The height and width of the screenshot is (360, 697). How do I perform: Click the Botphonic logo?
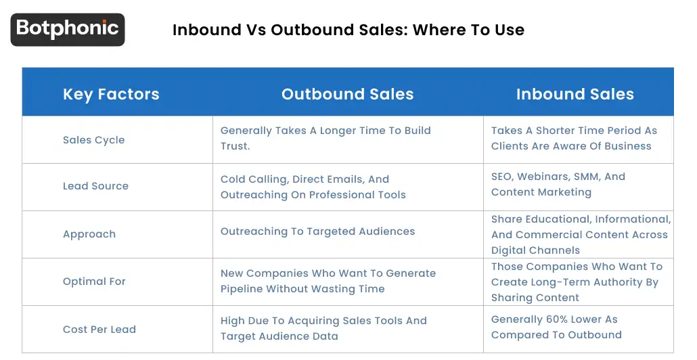coord(68,29)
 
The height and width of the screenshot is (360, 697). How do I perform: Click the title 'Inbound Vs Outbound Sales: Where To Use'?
coord(348,30)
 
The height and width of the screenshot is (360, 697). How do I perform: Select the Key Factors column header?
coord(111,94)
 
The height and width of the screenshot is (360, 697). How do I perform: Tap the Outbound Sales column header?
coord(347,94)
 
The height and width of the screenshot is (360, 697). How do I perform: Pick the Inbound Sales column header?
coord(575,94)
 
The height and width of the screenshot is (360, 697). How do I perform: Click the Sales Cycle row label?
coord(93,140)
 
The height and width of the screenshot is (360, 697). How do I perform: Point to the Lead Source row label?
coord(95,186)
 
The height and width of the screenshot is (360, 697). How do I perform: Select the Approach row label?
coord(89,234)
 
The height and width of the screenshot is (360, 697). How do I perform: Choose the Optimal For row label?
coord(94,282)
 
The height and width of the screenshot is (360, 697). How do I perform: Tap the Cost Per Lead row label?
coord(99,330)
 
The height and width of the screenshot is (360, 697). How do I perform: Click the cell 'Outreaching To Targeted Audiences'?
coord(317,231)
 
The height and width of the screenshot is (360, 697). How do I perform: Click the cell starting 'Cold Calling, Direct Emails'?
coord(313,187)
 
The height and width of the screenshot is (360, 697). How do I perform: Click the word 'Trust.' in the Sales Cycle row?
coord(235,146)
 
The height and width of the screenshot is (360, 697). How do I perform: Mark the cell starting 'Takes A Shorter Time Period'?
coord(574,138)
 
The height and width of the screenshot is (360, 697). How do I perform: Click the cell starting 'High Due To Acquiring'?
coord(323,328)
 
